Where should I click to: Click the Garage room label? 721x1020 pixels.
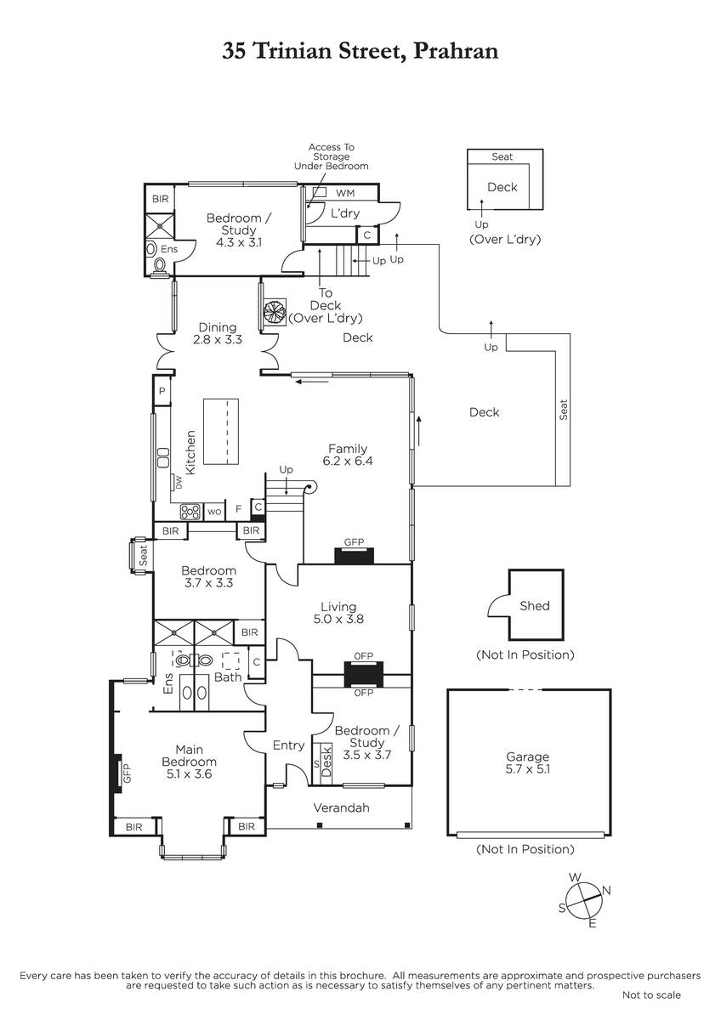click(x=527, y=756)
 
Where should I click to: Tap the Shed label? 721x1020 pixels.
click(x=534, y=605)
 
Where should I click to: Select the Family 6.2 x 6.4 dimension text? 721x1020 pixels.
click(x=348, y=461)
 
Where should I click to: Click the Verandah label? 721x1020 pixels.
click(x=341, y=807)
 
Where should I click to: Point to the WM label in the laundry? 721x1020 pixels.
click(x=345, y=193)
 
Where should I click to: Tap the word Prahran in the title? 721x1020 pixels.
click(x=456, y=50)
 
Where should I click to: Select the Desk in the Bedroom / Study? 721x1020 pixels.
click(x=326, y=763)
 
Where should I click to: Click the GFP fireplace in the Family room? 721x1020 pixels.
click(x=354, y=556)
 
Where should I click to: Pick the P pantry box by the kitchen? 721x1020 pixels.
click(x=162, y=390)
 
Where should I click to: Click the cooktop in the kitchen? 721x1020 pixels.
click(x=190, y=512)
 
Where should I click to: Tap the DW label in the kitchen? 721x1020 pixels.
click(x=178, y=482)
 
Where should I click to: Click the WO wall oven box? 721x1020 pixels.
click(x=214, y=512)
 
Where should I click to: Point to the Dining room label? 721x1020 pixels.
click(x=218, y=327)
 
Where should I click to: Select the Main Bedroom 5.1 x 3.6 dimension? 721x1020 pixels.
click(x=189, y=773)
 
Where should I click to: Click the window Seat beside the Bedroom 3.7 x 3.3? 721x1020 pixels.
click(x=143, y=556)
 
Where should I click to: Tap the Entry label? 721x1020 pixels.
click(x=288, y=745)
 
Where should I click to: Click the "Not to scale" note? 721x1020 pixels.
click(x=651, y=995)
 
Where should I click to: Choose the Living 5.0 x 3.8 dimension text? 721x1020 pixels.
click(x=338, y=619)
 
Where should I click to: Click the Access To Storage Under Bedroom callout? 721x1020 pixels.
click(x=331, y=156)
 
